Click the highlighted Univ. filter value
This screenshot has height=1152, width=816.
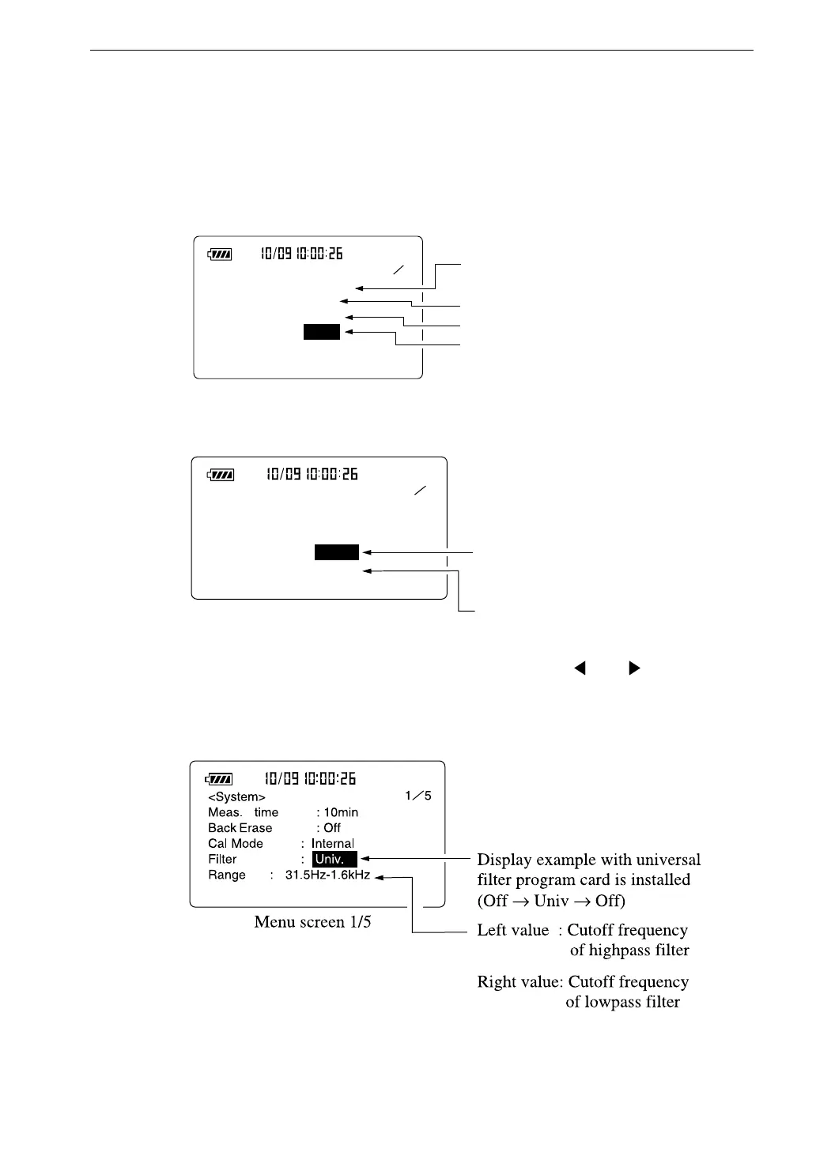click(x=334, y=860)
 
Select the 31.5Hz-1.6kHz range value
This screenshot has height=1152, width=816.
click(x=327, y=875)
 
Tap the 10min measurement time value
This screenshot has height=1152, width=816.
click(x=341, y=812)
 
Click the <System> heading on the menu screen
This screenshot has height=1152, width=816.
click(x=236, y=797)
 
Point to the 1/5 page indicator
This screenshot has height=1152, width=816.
click(x=418, y=796)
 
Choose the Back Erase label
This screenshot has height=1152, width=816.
click(x=240, y=828)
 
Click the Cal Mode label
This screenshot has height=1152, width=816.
click(x=236, y=844)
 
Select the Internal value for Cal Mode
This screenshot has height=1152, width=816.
click(x=333, y=844)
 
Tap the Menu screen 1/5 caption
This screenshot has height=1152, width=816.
click(x=312, y=922)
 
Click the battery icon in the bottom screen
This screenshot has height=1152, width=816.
click(x=218, y=779)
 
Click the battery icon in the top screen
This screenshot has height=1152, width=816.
click(x=220, y=254)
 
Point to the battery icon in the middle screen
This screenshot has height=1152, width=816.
click(x=221, y=475)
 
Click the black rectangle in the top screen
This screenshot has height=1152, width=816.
click(x=322, y=333)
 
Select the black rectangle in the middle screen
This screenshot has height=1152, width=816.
click(x=337, y=552)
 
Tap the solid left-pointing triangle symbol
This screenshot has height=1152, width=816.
click(x=580, y=668)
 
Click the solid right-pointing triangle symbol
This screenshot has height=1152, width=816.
click(x=633, y=668)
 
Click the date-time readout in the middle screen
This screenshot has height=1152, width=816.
click(x=312, y=474)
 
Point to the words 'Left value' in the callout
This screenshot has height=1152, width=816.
click(x=512, y=930)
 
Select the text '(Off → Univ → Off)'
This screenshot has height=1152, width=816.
click(x=551, y=901)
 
